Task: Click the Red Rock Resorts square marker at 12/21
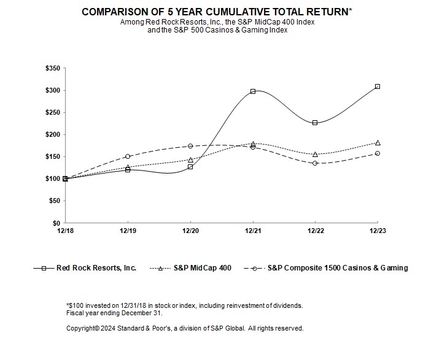point(253,91)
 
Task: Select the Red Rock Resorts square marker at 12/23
point(378,86)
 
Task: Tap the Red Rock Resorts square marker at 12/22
point(315,123)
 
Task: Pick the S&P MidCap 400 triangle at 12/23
point(378,142)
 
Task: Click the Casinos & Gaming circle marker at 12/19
point(128,156)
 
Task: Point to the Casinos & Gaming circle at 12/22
point(315,163)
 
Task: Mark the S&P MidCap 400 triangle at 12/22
point(315,154)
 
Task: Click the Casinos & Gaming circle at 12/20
point(190,146)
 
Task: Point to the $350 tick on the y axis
point(52,68)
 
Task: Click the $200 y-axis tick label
point(52,134)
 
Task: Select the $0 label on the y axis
point(56,223)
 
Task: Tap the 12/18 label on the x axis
point(65,232)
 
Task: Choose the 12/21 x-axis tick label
point(253,232)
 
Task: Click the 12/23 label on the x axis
point(378,232)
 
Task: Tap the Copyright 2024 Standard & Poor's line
point(185,328)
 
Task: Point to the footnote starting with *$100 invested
point(184,305)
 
